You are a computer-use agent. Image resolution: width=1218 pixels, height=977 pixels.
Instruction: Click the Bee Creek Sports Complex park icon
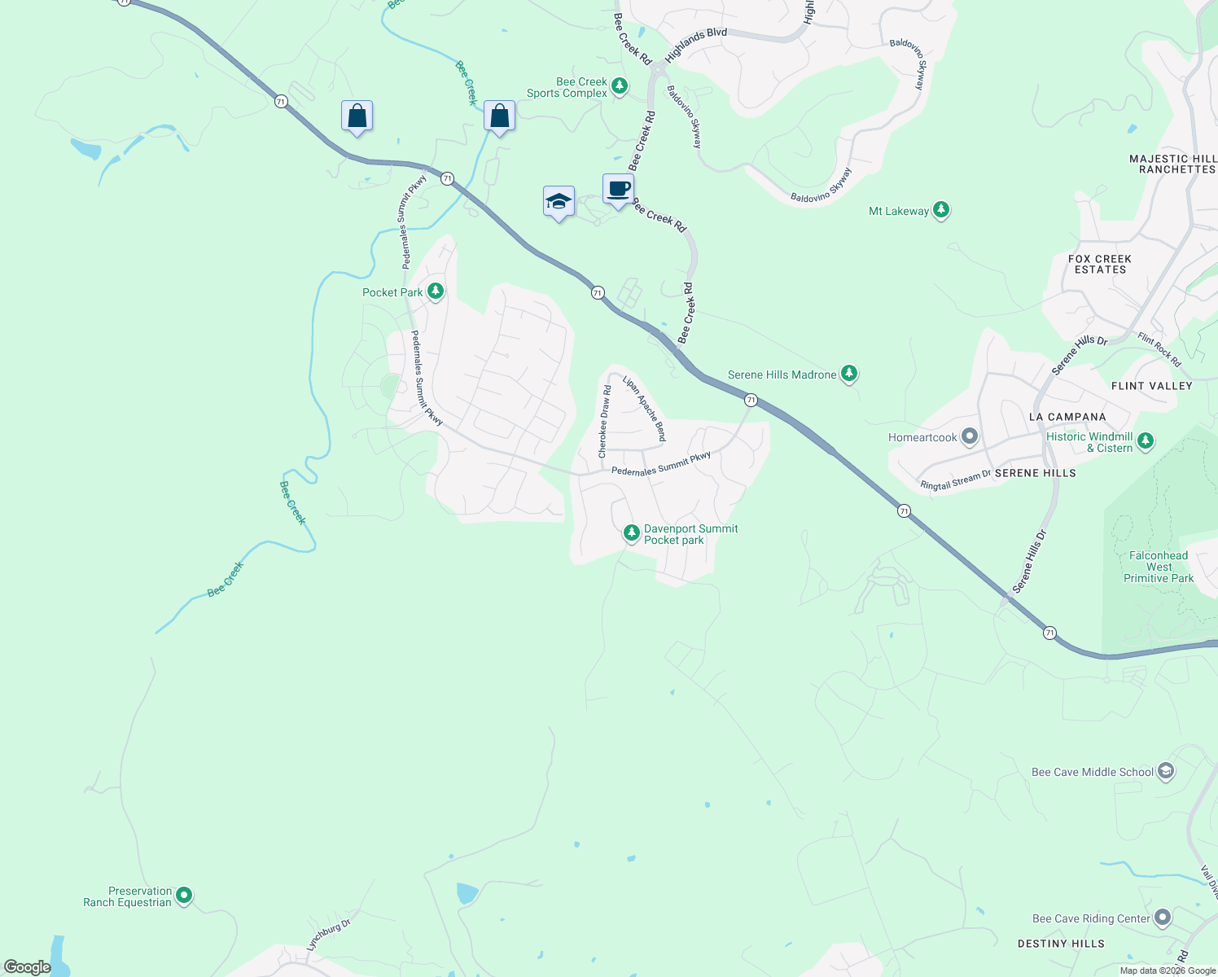point(620,86)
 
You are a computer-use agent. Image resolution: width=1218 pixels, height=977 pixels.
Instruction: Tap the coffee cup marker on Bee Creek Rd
point(618,189)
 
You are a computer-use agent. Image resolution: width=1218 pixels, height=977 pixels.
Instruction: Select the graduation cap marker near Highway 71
point(559,202)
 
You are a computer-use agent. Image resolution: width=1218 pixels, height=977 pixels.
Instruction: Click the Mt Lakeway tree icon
point(941,210)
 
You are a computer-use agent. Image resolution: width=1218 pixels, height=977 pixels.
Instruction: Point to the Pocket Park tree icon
point(436,291)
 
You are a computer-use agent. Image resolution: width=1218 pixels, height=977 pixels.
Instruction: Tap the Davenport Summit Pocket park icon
point(631,533)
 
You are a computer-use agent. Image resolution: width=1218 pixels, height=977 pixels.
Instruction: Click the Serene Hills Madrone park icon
point(849,374)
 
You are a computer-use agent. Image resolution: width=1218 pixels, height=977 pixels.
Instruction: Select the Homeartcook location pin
point(969,437)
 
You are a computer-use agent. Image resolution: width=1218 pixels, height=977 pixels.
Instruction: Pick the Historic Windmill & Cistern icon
point(1146,441)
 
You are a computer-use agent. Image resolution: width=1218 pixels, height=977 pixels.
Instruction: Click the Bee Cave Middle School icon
point(1166,771)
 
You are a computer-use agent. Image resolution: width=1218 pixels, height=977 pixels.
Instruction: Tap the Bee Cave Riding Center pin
point(1163,918)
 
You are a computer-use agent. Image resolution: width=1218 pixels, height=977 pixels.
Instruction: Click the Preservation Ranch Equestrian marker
point(184,896)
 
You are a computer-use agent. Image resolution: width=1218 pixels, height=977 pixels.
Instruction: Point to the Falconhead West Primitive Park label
point(1159,567)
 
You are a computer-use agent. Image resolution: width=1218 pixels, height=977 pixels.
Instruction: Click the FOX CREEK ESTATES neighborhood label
point(1100,264)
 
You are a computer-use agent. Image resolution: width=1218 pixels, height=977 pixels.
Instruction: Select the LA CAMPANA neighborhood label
point(1067,417)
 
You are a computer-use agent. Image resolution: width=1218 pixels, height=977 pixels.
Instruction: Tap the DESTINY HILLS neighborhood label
point(1061,944)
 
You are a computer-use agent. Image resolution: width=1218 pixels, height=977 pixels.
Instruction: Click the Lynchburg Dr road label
point(328,935)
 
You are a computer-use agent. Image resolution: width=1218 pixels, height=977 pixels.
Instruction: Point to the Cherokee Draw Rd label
point(604,422)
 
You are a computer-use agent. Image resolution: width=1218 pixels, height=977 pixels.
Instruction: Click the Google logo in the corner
point(27,967)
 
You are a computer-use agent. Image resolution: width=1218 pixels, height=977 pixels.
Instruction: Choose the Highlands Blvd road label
point(695,45)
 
